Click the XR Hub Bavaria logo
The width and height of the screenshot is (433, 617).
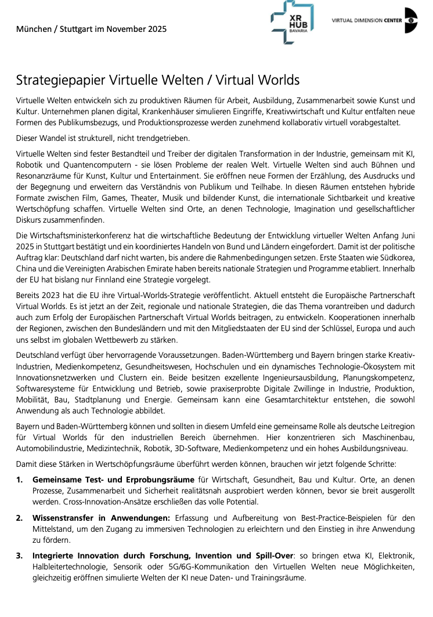(292, 22)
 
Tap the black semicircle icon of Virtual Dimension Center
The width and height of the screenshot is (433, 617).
(412, 20)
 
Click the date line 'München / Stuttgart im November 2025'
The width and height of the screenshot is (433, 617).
(91, 29)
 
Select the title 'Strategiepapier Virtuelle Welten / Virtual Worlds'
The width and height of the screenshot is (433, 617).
(157, 79)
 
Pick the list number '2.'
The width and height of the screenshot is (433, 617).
(20, 518)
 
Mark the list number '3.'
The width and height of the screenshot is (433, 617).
(20, 556)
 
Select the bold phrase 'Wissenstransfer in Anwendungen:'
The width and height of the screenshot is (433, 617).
(101, 518)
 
